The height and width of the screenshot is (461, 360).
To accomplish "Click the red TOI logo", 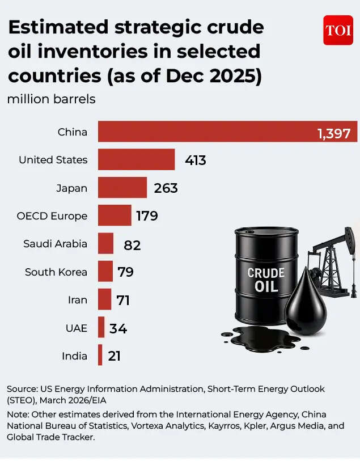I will point(338,30).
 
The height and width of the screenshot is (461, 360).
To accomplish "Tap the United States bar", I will point(136,159).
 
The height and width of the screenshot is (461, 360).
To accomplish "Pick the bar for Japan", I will point(122,188).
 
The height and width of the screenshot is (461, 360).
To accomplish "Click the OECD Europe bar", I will point(115,215).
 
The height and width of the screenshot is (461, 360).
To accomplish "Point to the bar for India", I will point(100,356).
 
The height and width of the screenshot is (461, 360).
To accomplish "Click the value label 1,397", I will point(337,134).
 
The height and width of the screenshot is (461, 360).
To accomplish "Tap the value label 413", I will point(195,160).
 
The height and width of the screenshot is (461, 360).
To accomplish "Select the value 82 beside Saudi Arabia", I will point(132,244).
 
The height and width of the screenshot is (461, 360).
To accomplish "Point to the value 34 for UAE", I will point(118,328).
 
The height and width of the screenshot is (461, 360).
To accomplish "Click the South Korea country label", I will point(56,272).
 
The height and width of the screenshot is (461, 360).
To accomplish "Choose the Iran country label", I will point(77,300).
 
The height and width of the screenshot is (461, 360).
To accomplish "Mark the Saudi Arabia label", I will point(55,244).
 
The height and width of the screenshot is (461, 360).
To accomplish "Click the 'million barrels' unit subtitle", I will point(51,99).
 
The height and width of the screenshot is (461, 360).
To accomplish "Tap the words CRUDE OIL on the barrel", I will point(266,280).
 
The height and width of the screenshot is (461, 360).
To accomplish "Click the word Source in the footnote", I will point(22,389).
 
